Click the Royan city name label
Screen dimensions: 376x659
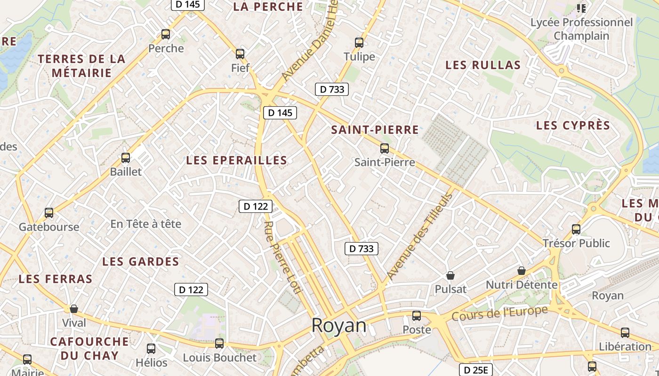click(339, 326)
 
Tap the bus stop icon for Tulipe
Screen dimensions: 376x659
click(359, 43)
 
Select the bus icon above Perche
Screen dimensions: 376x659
click(166, 34)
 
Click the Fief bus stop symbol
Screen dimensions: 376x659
click(240, 54)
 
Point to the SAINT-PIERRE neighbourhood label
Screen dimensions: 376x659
click(375, 130)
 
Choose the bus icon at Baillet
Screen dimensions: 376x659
click(126, 158)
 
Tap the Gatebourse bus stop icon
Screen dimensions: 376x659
click(49, 213)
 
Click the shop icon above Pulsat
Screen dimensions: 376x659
click(450, 275)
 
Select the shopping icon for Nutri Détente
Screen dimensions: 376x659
click(521, 271)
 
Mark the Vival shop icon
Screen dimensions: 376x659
click(74, 309)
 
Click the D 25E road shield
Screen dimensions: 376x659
click(475, 370)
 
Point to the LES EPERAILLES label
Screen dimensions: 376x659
click(236, 160)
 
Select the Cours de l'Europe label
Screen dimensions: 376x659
click(500, 313)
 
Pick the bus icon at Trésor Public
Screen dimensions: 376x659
click(576, 229)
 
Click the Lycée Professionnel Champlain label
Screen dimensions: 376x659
click(581, 29)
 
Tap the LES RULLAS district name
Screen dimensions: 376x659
click(483, 65)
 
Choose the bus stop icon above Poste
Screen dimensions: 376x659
click(417, 316)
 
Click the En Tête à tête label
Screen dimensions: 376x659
click(145, 224)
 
